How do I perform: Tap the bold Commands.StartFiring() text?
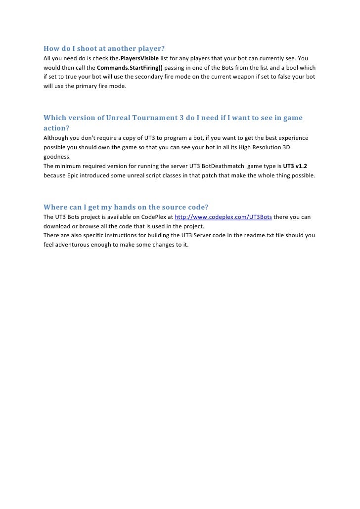click(x=130, y=68)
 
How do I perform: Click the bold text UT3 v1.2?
click(x=295, y=166)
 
